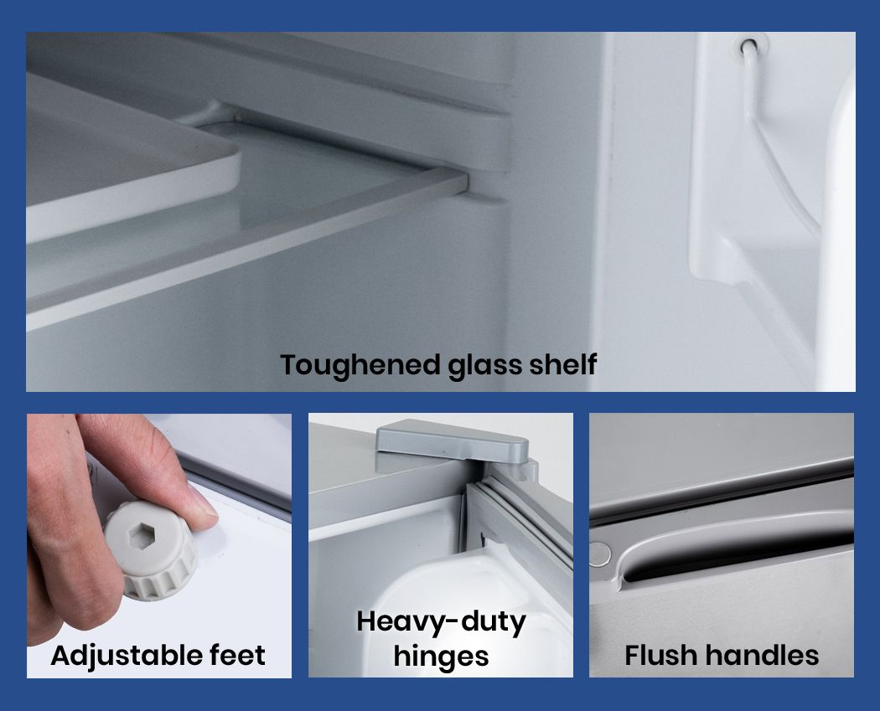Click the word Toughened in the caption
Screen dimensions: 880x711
point(360,366)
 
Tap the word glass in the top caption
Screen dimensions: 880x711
point(484,366)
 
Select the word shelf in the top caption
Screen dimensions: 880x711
point(562,364)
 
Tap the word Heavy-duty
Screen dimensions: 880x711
point(441,622)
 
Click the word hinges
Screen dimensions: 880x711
point(441,657)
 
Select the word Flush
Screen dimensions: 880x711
point(660,655)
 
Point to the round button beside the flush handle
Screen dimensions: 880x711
point(599,553)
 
